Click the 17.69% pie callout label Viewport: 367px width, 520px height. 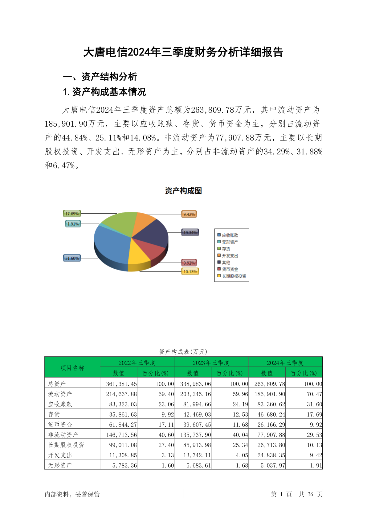click(72, 214)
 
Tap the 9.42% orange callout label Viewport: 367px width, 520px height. click(189, 214)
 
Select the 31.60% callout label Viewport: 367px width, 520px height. click(72, 258)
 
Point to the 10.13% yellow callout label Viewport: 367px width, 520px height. click(190, 272)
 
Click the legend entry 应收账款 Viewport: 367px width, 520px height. click(230, 235)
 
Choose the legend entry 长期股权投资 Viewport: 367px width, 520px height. click(234, 276)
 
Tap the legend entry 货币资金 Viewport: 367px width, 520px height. click(230, 269)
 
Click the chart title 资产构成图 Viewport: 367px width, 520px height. click(183, 191)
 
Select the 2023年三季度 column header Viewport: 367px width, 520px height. click(211, 363)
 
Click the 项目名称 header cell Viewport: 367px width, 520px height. click(72, 368)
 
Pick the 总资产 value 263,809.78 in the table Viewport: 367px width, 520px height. click(270, 384)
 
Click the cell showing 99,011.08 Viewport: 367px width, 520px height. click(123, 445)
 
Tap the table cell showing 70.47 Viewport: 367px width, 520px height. click(314, 394)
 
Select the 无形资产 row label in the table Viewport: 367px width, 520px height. click(60, 465)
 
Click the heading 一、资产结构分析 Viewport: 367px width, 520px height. click(100, 77)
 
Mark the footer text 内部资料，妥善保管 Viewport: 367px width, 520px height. click(72, 494)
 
